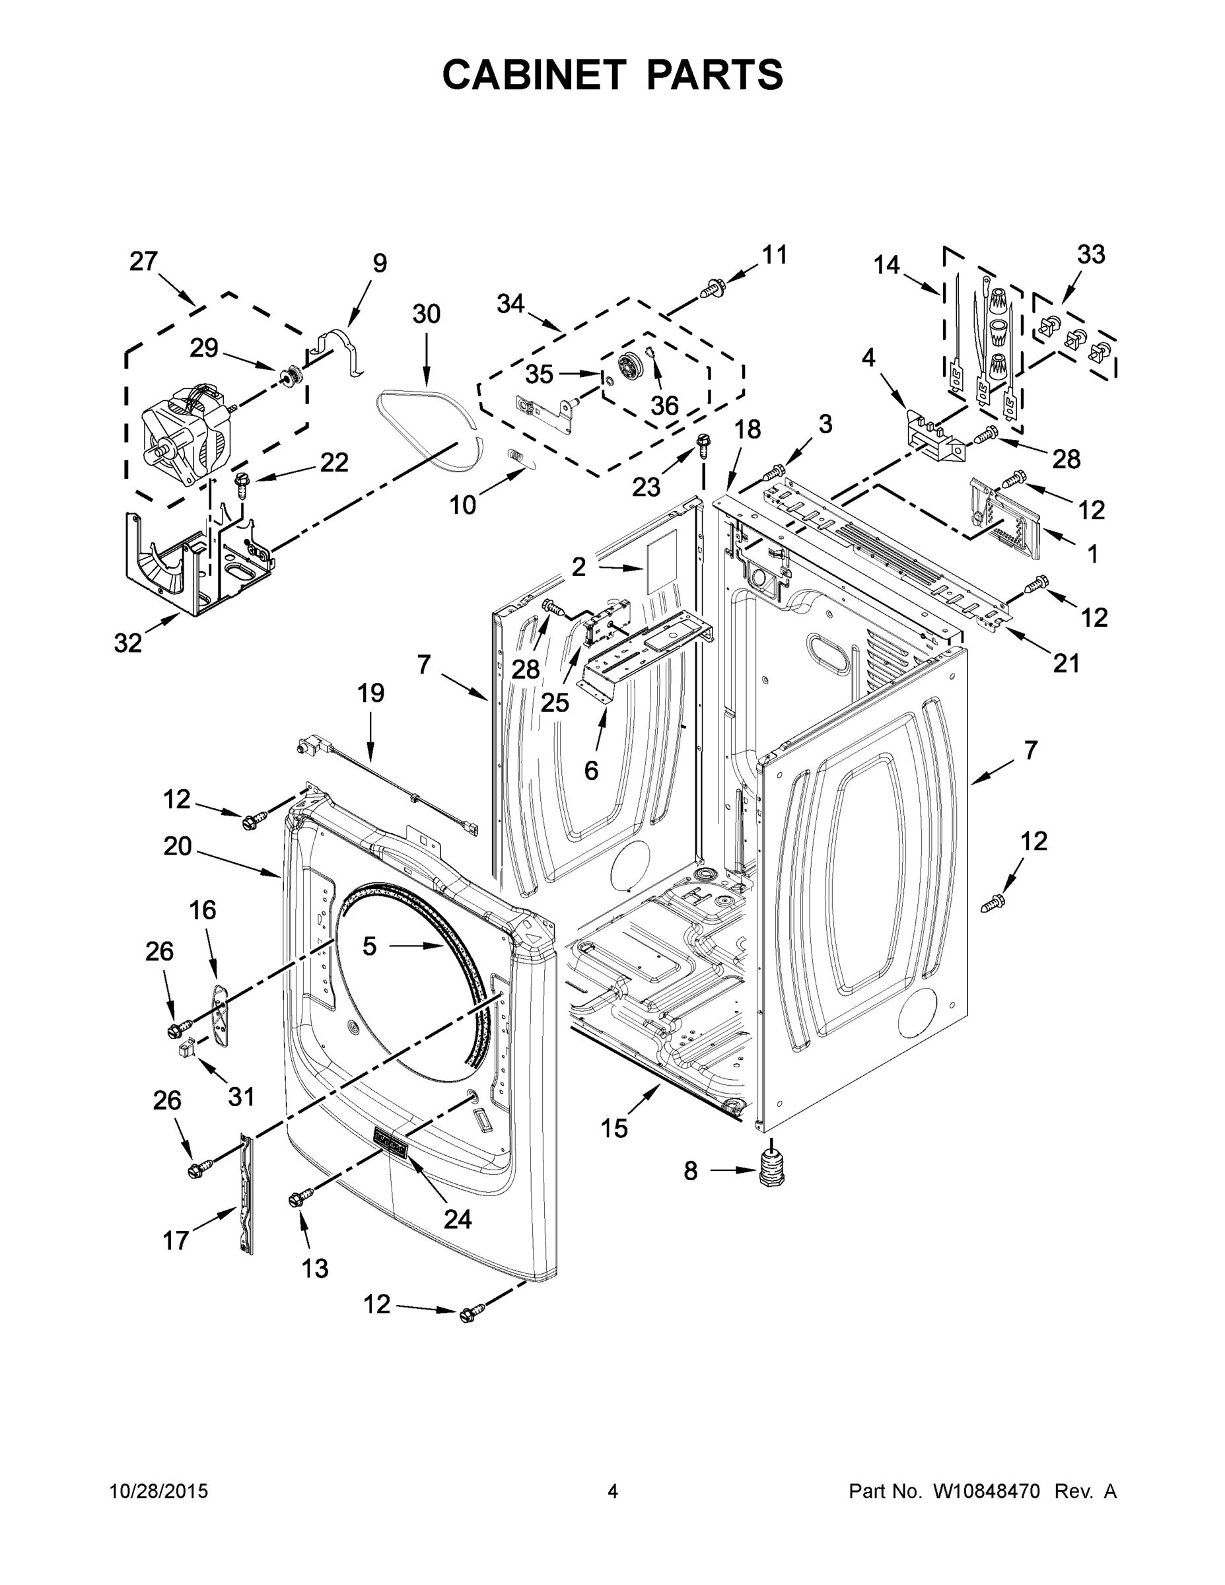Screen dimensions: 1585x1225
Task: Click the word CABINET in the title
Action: coord(534,74)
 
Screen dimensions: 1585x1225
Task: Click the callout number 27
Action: coord(144,262)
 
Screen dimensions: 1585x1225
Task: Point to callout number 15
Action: coord(614,1129)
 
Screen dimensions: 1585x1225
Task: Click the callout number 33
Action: coord(1091,255)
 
